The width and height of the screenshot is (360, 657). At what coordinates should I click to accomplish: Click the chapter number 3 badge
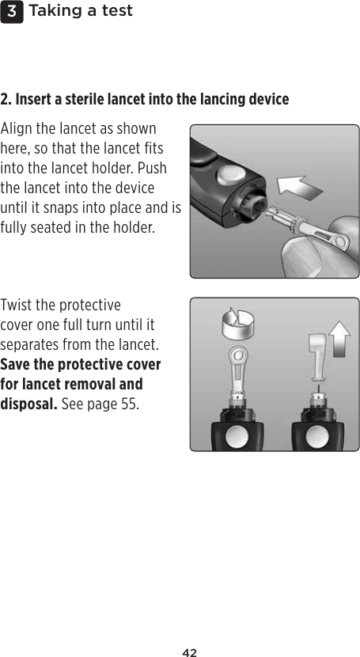(12, 11)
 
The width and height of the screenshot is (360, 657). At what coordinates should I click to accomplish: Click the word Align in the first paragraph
(17, 128)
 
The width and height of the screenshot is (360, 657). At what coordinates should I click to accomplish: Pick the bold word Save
(17, 365)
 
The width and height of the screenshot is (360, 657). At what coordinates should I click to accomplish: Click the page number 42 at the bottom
(188, 652)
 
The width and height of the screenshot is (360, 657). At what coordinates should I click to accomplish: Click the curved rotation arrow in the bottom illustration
(235, 323)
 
